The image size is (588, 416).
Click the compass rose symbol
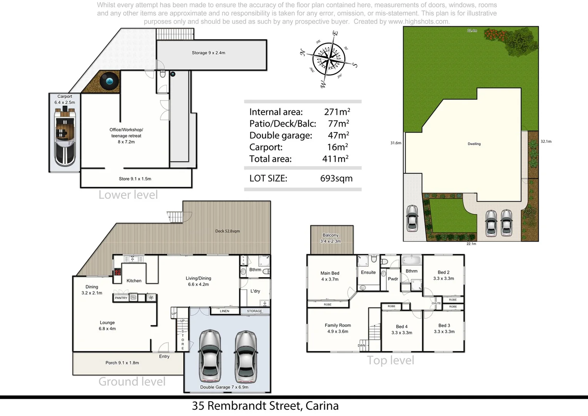pyautogui.click(x=328, y=59)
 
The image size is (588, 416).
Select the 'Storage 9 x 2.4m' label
pyautogui.click(x=208, y=53)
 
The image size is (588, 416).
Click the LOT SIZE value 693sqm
pyautogui.click(x=336, y=178)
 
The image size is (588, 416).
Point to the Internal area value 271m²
pyautogui.click(x=337, y=112)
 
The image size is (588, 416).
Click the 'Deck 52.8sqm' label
pyautogui.click(x=227, y=231)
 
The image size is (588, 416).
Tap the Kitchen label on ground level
pyautogui.click(x=134, y=281)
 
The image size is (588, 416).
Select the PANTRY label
pyautogui.click(x=121, y=298)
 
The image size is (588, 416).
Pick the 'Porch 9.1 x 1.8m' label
pyautogui.click(x=122, y=363)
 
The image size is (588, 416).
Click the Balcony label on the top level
pyautogui.click(x=331, y=235)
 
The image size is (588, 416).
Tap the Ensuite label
pyautogui.click(x=368, y=272)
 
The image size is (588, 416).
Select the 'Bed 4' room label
pyautogui.click(x=401, y=327)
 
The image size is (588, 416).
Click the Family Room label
pyautogui.click(x=337, y=325)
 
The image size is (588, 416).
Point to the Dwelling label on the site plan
pyautogui.click(x=474, y=144)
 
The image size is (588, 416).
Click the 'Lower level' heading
pyautogui.click(x=128, y=195)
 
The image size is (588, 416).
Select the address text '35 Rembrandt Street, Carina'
pyautogui.click(x=265, y=406)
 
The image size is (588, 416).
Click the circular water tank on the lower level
pyautogui.click(x=110, y=81)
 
